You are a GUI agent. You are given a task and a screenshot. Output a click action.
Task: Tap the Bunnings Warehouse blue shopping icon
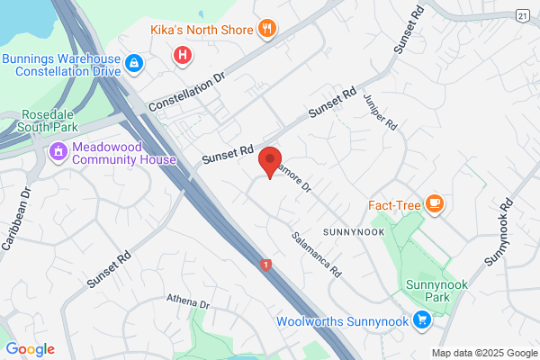click(x=133, y=63)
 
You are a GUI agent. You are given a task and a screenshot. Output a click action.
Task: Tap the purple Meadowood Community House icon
click(x=59, y=150)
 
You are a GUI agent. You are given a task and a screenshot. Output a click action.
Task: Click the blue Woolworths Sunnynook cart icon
click(x=421, y=319)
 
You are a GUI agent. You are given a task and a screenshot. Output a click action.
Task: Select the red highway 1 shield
click(x=265, y=264)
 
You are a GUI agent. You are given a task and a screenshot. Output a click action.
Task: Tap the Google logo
click(x=30, y=349)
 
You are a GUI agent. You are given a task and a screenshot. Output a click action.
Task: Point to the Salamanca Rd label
click(x=317, y=253)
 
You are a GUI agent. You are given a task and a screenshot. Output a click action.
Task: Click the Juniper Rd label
click(x=381, y=112)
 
